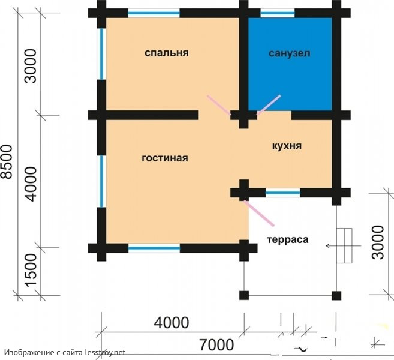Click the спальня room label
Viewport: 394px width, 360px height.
[x=166, y=53]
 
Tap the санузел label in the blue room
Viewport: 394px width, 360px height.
[x=290, y=53]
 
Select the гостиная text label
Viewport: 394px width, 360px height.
[x=165, y=158]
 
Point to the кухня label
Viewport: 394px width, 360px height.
[x=287, y=146]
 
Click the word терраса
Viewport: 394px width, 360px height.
[x=287, y=239]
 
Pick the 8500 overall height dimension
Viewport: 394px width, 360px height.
[x=7, y=161]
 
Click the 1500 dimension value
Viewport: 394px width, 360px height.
[x=31, y=270]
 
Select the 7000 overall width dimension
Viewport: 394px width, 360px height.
[x=216, y=344]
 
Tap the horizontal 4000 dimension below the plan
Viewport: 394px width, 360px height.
[x=172, y=323]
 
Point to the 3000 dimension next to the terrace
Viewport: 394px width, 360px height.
[x=378, y=242]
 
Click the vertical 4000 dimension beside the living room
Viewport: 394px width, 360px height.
[x=31, y=184]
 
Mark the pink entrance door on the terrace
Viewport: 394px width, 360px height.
[x=259, y=213]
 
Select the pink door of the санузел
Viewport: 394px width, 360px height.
[x=269, y=105]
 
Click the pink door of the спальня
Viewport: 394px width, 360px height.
[x=219, y=105]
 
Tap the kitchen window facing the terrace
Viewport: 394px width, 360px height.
[x=283, y=193]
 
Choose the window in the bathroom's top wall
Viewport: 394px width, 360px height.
[x=278, y=13]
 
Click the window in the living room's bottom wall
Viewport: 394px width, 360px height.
[x=154, y=248]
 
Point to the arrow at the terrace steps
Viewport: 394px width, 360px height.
[x=343, y=245]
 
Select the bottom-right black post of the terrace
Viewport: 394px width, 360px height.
[x=336, y=296]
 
